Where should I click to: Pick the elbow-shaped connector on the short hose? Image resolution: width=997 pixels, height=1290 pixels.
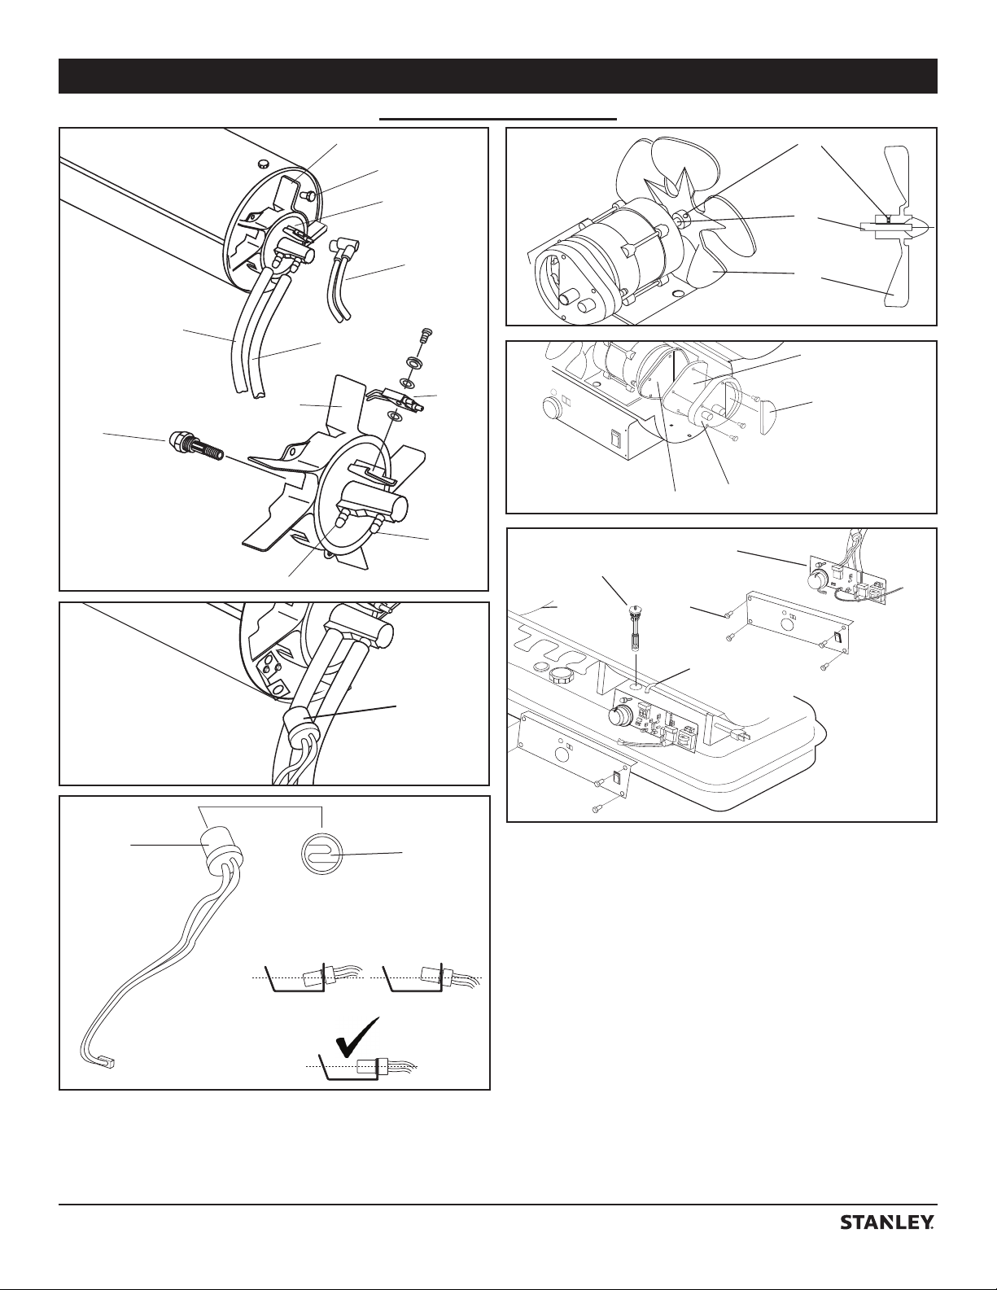(338, 246)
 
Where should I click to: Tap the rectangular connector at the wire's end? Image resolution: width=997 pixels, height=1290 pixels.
(107, 1063)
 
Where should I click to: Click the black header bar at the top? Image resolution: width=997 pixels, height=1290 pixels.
(498, 76)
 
